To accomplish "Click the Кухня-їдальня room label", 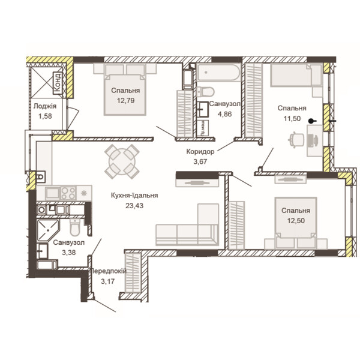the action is tap(134, 196).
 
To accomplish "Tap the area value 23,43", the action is tap(134, 205).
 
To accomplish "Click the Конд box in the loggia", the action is tap(58, 83).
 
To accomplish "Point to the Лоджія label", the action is tap(45, 106).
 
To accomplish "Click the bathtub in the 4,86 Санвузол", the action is tap(219, 73).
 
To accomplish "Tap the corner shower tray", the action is tap(48, 230).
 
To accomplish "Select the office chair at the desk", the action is tap(296, 140).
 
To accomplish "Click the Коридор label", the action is tap(200, 152).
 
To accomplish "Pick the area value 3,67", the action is tap(200, 161).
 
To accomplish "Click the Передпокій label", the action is tap(107, 271).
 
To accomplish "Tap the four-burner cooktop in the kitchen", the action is tap(68, 193).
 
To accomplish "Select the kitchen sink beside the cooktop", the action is tap(53, 193).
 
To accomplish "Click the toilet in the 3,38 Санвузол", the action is tap(75, 227).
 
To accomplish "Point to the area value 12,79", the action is tap(125, 101).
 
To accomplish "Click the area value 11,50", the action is tap(292, 118).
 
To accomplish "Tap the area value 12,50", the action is tap(296, 221).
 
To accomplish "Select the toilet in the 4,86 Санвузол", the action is tap(205, 92).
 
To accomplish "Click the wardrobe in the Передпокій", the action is tap(133, 272).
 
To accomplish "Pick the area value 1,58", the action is tap(45, 116).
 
